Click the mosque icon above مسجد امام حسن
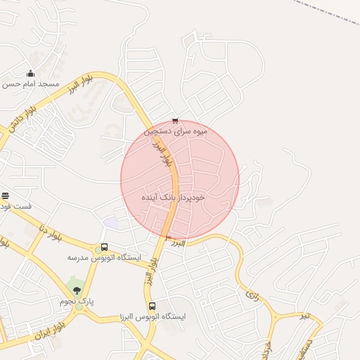tap(30, 73)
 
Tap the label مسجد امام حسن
tap(30, 84)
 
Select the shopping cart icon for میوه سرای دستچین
tap(175, 120)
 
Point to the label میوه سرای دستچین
tap(176, 131)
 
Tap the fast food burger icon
tap(5, 195)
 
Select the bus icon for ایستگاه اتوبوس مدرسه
tap(104, 247)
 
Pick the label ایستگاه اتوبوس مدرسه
tap(104, 258)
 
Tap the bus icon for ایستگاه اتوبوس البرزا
tap(153, 306)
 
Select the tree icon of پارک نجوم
tap(77, 290)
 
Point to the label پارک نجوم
tap(77, 301)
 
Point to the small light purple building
tap(111, 222)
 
